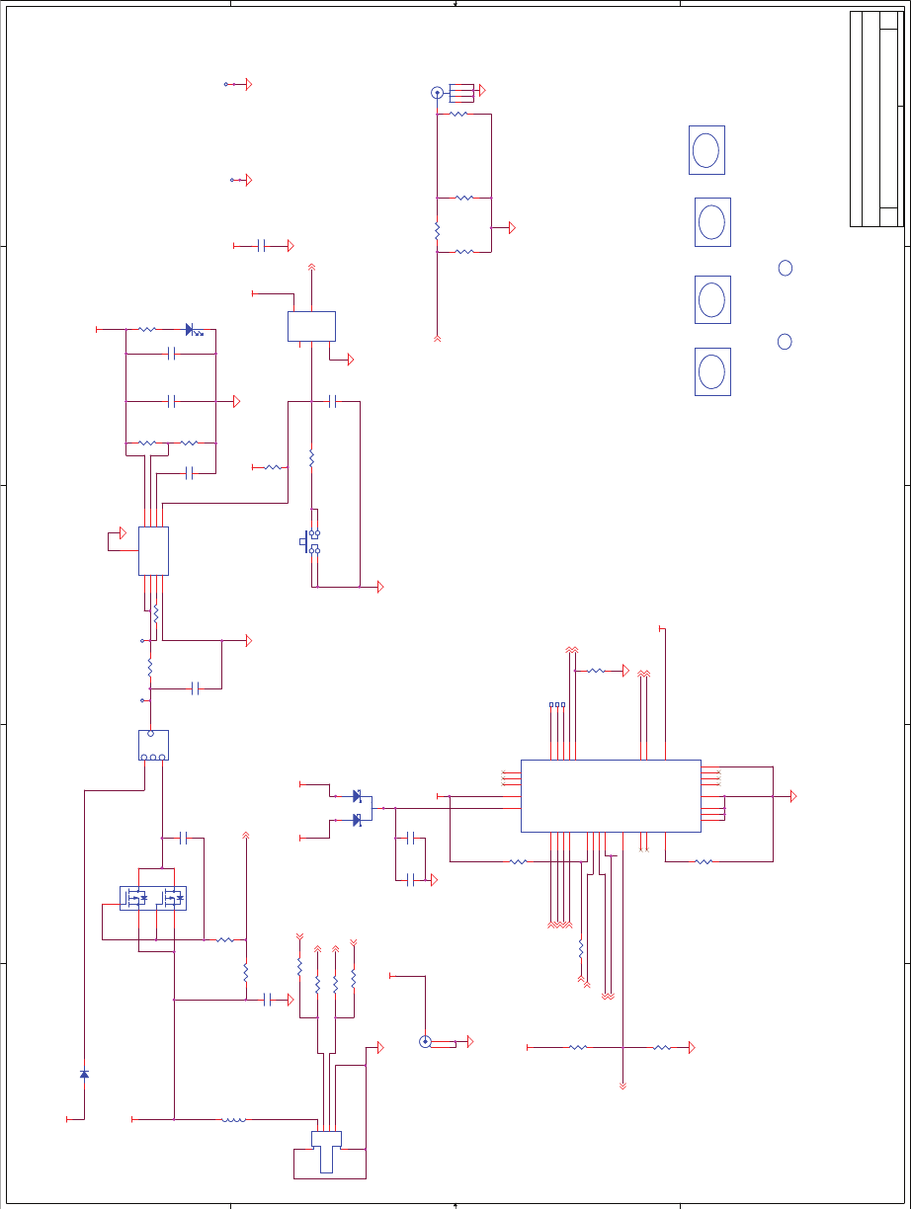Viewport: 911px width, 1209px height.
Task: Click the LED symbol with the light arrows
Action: pos(190,329)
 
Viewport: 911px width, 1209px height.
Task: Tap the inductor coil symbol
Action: pos(234,1120)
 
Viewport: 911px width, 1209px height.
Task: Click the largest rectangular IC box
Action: pos(610,795)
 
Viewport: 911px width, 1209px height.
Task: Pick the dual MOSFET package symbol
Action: pos(153,898)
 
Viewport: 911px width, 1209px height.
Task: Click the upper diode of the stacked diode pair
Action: pos(357,796)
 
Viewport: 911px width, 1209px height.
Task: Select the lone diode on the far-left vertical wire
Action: pos(84,1074)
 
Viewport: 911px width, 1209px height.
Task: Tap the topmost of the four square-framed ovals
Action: pos(706,150)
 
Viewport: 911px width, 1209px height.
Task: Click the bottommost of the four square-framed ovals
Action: pos(712,371)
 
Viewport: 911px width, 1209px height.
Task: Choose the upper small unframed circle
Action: pos(786,268)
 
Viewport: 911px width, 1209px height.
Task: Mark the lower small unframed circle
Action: pos(785,341)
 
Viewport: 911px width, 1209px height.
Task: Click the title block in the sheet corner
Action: pos(876,119)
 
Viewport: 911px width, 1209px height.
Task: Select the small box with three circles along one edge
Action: pos(153,745)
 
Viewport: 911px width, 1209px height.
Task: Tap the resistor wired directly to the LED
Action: pos(146,329)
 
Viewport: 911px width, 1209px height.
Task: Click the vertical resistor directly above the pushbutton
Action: pos(311,459)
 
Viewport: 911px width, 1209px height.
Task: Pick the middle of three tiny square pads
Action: pos(557,705)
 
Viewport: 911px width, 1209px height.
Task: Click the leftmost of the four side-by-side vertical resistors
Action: pos(299,965)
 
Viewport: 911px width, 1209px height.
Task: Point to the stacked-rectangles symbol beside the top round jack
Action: pos(461,92)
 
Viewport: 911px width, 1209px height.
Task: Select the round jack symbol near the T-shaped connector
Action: pos(425,1041)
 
